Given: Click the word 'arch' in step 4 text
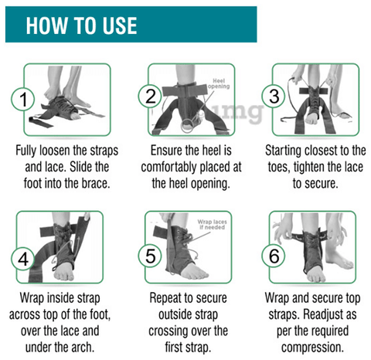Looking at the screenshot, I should click(83, 347).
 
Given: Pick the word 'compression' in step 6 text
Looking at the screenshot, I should click(309, 347).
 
